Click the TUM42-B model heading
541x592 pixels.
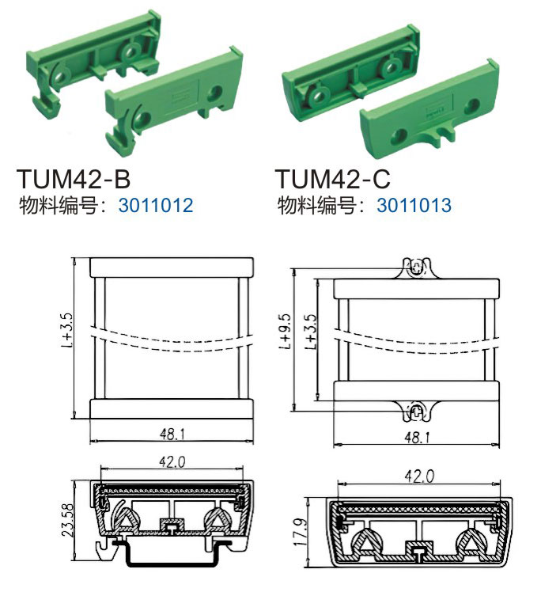pos(74,179)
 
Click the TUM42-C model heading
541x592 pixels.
pos(332,179)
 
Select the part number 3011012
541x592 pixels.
pos(156,206)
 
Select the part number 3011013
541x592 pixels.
pos(414,206)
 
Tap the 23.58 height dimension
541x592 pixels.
pos(68,520)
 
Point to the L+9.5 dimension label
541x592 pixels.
pos(286,331)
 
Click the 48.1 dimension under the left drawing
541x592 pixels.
pos(172,435)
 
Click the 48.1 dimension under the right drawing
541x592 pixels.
pos(417,438)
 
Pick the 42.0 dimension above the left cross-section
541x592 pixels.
pos(172,461)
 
